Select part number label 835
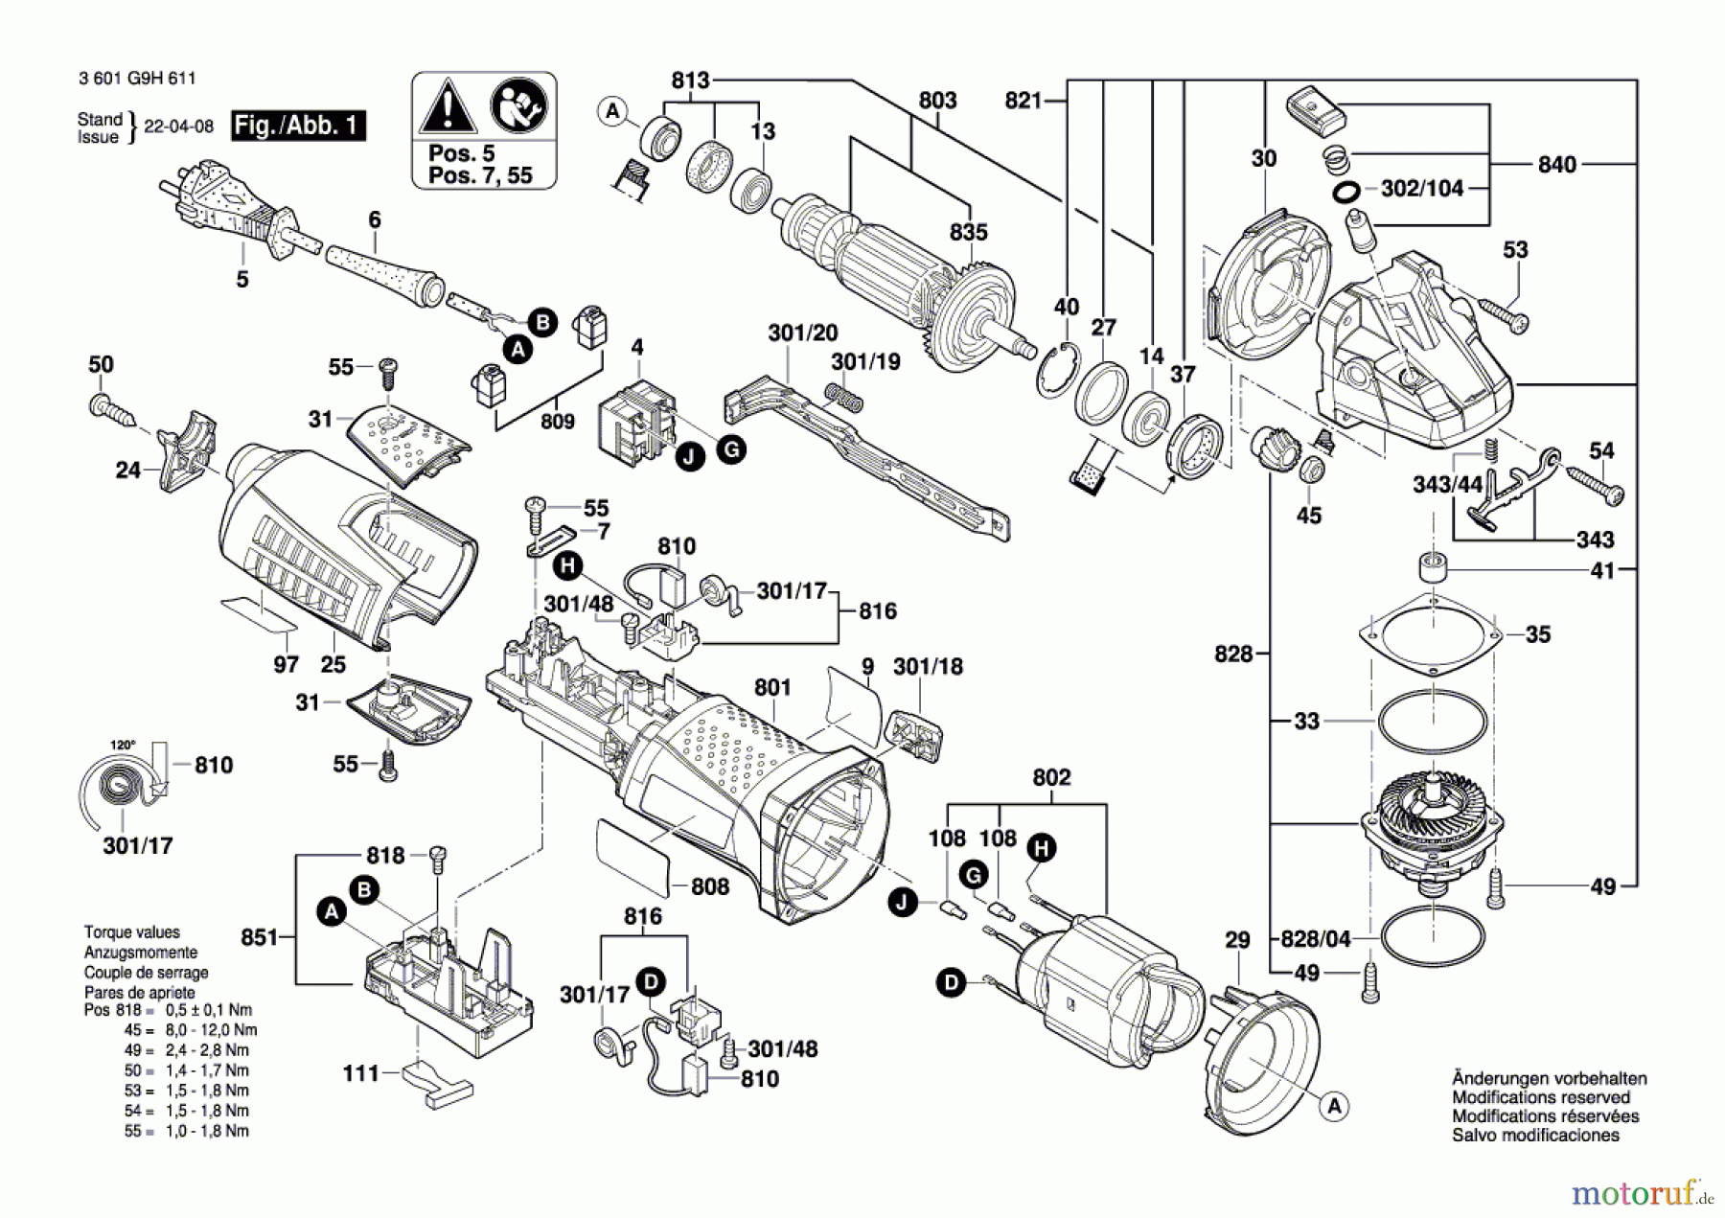point(968,233)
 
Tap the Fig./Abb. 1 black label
point(298,126)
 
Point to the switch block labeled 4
point(633,420)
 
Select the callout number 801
point(772,687)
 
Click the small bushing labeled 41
point(1433,566)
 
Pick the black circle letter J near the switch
point(688,457)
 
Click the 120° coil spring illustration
point(120,792)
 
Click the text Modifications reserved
point(1540,1097)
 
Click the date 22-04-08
point(178,126)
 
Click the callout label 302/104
point(1421,189)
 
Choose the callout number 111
point(360,1073)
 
